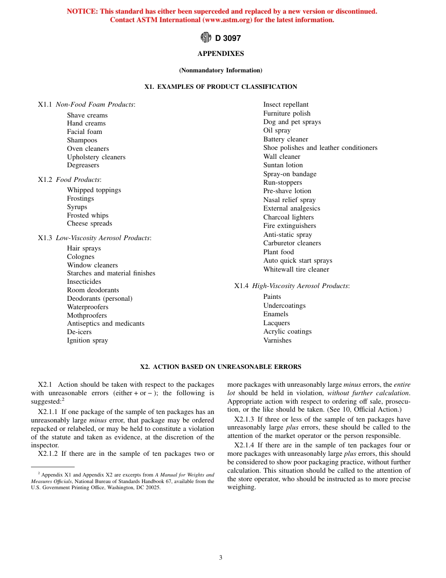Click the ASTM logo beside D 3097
point(206,38)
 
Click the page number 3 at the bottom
point(221,558)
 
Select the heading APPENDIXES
point(221,54)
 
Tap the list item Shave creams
point(87,115)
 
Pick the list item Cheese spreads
point(89,223)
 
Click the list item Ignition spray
point(87,340)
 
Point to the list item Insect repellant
point(286,104)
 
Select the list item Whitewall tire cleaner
point(296,269)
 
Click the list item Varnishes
point(277,340)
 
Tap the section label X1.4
point(241,286)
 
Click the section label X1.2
point(45,180)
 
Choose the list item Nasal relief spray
point(289,200)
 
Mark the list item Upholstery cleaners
point(96,157)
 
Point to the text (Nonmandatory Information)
point(221,70)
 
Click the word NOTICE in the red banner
point(82,11)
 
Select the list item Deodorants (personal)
point(100,298)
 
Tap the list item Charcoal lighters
point(288,217)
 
